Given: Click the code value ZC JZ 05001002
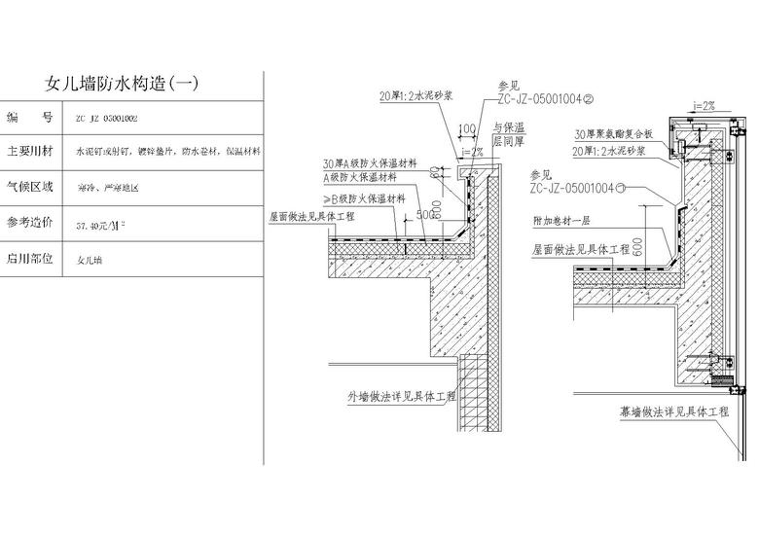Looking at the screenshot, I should [x=106, y=118].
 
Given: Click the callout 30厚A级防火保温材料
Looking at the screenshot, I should [x=366, y=163].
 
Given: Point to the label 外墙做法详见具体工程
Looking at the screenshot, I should [x=402, y=397].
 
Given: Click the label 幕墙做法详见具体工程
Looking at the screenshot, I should [x=674, y=412].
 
